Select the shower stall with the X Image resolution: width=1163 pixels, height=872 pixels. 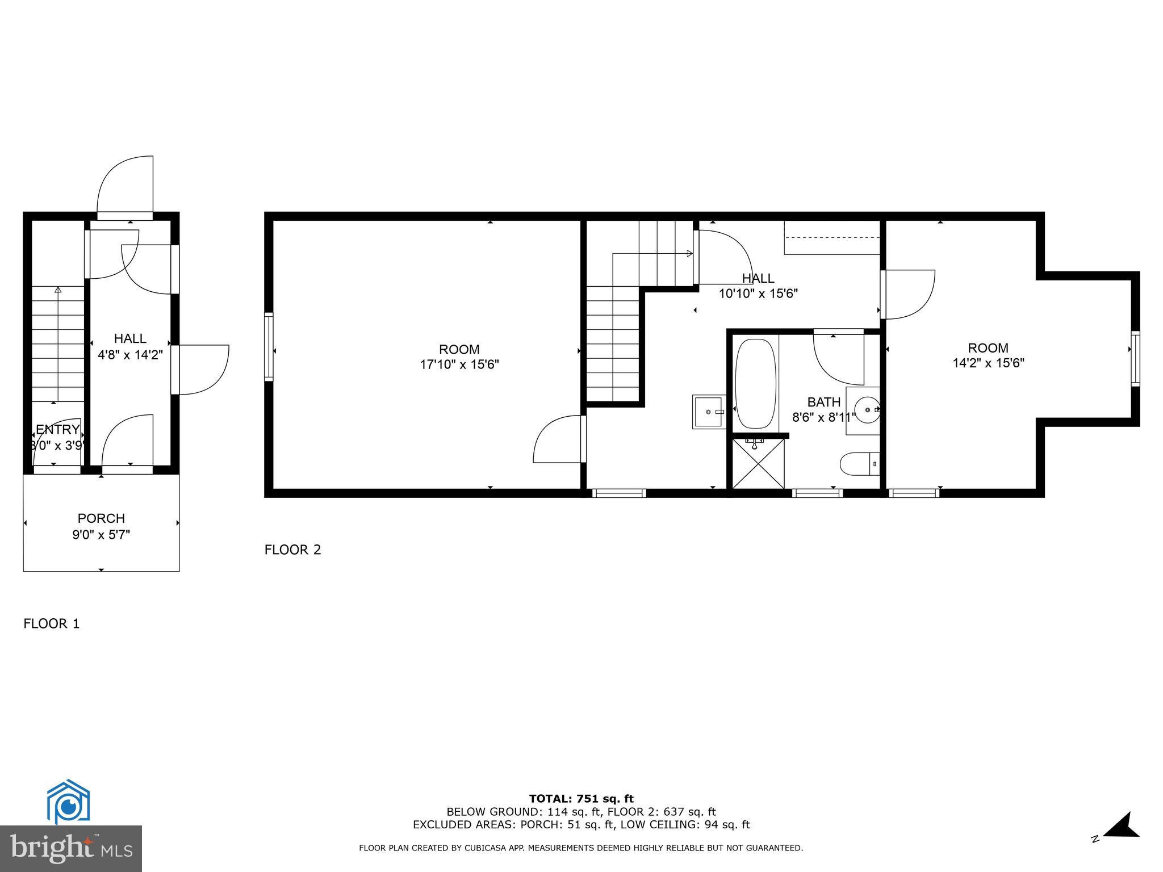pyautogui.click(x=758, y=463)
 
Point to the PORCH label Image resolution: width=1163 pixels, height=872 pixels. pyautogui.click(x=101, y=518)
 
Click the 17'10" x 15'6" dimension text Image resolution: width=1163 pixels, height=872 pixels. pyautogui.click(x=459, y=364)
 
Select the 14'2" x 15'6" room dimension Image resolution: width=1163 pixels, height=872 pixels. pyautogui.click(x=988, y=363)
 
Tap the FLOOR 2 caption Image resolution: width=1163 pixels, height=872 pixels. pyautogui.click(x=292, y=550)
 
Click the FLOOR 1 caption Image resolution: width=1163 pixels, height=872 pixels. pyautogui.click(x=51, y=624)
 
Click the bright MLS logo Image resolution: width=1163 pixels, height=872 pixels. pyautogui.click(x=71, y=849)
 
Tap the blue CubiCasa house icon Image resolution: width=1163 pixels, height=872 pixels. pyautogui.click(x=68, y=803)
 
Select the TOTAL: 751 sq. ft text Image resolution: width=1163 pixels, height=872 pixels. pyautogui.click(x=581, y=799)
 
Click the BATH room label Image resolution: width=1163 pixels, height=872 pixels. pyautogui.click(x=823, y=402)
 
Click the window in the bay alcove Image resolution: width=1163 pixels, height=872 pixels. pyautogui.click(x=1135, y=359)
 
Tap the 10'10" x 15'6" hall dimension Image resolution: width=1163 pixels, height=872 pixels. pyautogui.click(x=758, y=294)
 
